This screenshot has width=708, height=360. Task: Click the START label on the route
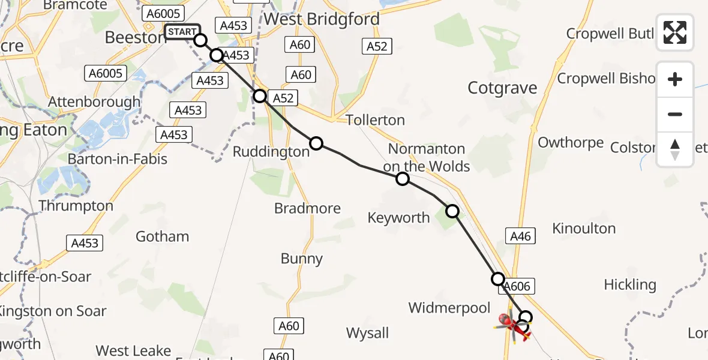click(x=181, y=32)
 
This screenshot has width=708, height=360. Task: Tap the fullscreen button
click(x=675, y=32)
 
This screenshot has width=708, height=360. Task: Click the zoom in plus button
click(x=675, y=79)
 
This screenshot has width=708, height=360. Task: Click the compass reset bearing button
click(x=675, y=149)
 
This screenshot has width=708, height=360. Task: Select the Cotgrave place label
click(x=502, y=88)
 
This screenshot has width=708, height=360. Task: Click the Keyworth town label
click(x=399, y=217)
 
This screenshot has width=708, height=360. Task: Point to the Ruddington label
click(x=271, y=152)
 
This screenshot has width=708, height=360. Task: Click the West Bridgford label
click(x=322, y=19)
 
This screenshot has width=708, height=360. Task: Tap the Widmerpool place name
click(x=449, y=308)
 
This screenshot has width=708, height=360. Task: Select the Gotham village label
click(x=162, y=236)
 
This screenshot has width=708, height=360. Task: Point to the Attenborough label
click(x=94, y=102)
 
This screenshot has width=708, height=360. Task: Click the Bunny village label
click(x=302, y=259)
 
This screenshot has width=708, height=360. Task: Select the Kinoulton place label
click(x=583, y=228)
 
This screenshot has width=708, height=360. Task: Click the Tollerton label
click(x=375, y=120)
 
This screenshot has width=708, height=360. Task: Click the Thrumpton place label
click(x=76, y=206)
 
